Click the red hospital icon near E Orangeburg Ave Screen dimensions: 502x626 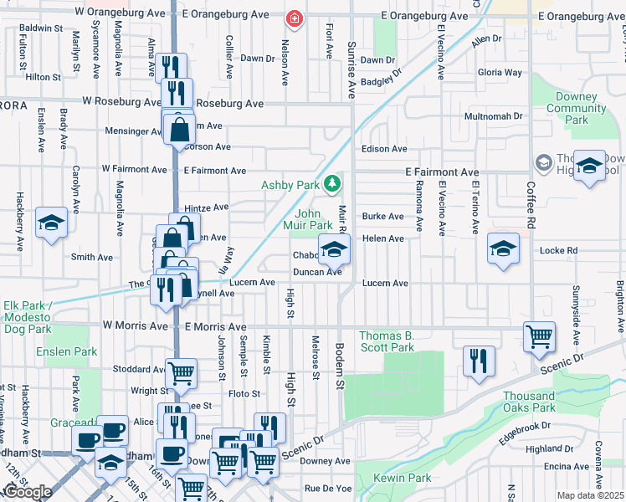[x=293, y=18]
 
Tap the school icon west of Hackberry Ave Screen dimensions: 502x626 [x=51, y=223]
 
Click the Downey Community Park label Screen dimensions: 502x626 [x=576, y=108]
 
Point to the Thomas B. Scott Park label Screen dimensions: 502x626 [x=387, y=341]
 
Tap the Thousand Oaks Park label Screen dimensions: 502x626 [x=529, y=402]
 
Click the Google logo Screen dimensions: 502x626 [x=28, y=492]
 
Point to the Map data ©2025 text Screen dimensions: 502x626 [x=589, y=495]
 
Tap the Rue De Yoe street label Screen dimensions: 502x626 [x=327, y=488]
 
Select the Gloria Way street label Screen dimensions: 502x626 [x=500, y=73]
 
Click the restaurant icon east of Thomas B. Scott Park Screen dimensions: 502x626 [x=478, y=361]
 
